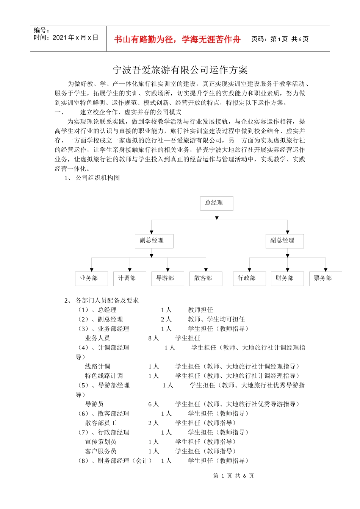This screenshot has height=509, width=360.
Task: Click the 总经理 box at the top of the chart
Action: click(216, 203)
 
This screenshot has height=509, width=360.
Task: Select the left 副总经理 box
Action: click(154, 241)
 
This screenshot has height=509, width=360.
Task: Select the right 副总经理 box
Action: click(285, 241)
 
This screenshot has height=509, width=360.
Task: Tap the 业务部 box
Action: click(91, 278)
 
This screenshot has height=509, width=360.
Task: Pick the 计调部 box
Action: click(129, 278)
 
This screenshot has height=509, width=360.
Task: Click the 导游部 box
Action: click(167, 278)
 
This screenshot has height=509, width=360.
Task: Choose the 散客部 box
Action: click(205, 278)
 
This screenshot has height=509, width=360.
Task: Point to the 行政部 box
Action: click(249, 278)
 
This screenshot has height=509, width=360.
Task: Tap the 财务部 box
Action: click(287, 278)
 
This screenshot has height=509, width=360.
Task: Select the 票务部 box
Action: click(325, 278)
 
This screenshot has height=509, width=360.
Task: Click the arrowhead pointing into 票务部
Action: click(326, 270)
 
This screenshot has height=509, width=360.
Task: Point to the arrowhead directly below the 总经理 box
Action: click(217, 218)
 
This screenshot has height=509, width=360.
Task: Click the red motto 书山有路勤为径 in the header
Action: click(177, 39)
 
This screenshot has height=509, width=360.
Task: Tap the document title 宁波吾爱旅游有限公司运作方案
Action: click(180, 70)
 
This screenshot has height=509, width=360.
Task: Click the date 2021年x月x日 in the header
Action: click(75, 37)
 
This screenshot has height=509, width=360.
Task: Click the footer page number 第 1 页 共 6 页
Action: click(233, 476)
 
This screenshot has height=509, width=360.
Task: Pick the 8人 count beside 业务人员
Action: click(153, 338)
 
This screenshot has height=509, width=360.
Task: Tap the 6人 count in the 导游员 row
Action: click(153, 404)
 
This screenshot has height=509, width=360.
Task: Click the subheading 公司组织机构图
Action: click(98, 178)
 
